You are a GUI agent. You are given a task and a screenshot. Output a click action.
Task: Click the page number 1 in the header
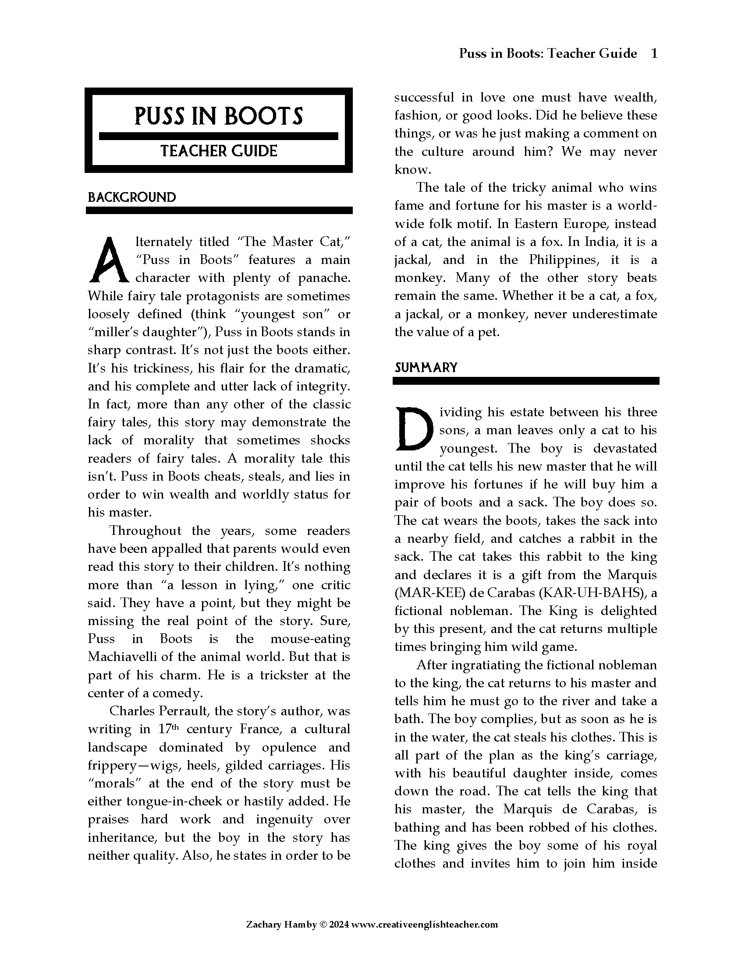[x=654, y=53]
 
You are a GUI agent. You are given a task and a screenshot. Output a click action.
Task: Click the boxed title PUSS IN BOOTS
[x=219, y=116]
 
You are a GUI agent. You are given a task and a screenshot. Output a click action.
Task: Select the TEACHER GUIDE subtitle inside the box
[x=219, y=151]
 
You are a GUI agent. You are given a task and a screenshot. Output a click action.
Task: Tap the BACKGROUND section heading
[x=131, y=197]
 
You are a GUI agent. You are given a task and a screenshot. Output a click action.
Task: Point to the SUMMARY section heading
[x=426, y=368]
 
